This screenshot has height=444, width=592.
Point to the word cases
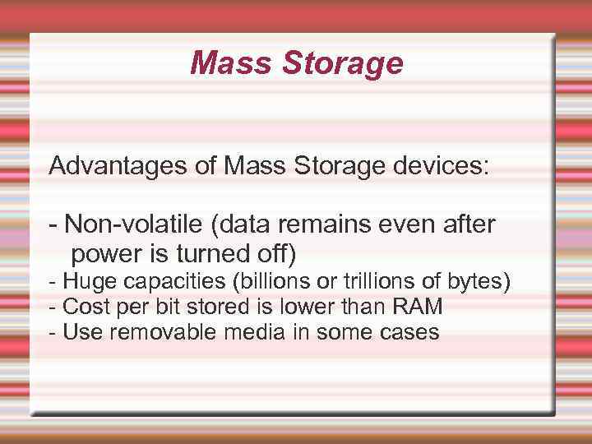[408, 332]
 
